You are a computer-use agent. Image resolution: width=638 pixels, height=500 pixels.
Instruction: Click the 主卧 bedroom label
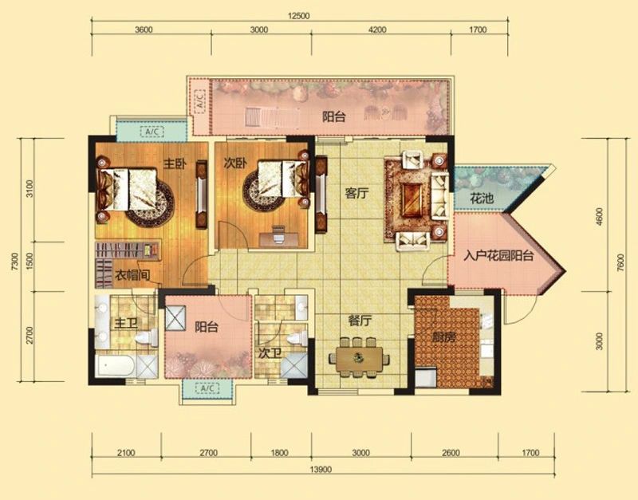(x=175, y=164)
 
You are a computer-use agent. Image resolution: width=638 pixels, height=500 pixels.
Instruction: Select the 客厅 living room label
(x=356, y=193)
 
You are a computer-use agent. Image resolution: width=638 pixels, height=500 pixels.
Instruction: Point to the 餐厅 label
(x=360, y=321)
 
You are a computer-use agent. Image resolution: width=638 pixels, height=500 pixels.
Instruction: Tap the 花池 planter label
(x=482, y=199)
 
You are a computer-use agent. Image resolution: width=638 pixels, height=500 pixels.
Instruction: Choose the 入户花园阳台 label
(x=499, y=256)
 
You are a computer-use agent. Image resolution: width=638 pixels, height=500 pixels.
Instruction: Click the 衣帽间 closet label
(x=132, y=275)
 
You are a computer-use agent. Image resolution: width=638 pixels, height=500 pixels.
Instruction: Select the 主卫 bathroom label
(x=126, y=324)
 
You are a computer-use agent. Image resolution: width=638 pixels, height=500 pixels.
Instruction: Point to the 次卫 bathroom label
(x=270, y=353)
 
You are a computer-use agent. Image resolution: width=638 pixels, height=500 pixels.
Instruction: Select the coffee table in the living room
(x=413, y=199)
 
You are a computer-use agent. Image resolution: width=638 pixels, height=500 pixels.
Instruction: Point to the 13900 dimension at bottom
(x=321, y=469)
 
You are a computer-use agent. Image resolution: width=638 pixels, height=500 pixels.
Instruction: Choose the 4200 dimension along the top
(x=377, y=30)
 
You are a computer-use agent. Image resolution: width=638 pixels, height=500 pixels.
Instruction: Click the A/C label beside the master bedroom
(x=152, y=132)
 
